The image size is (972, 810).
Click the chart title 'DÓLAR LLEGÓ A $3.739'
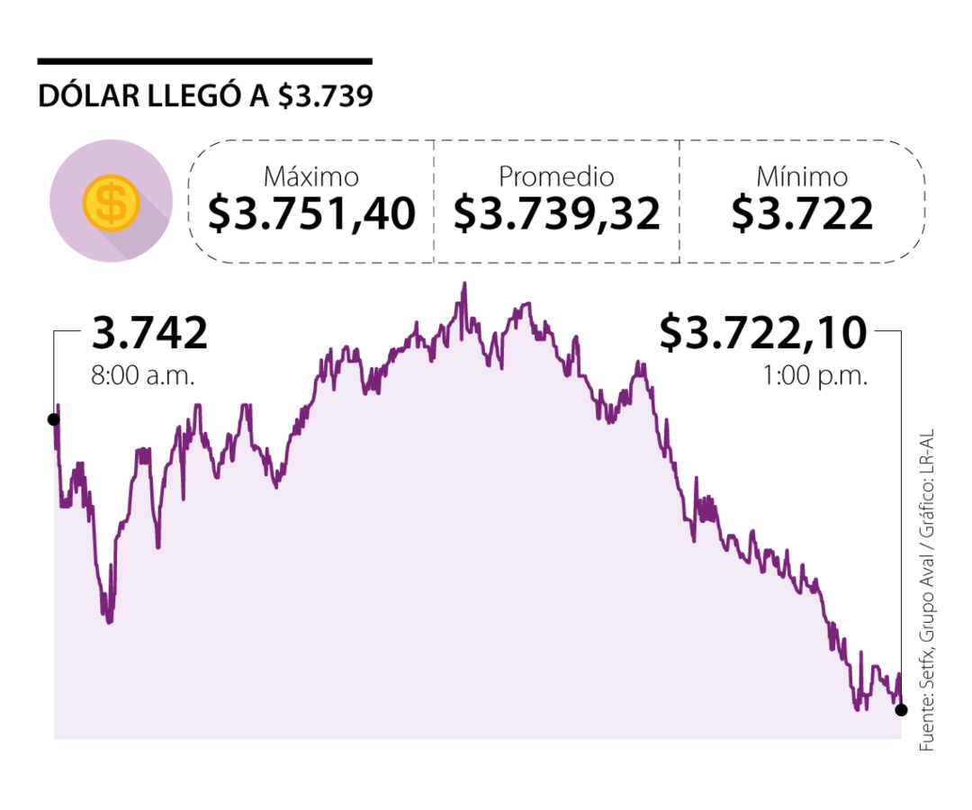[205, 96]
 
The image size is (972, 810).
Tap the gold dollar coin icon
[111, 202]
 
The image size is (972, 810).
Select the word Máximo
[310, 176]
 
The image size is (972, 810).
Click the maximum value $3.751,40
[311, 214]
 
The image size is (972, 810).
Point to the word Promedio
[556, 176]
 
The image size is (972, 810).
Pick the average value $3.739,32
[556, 214]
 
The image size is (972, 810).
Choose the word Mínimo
[802, 176]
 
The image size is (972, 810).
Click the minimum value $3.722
[802, 214]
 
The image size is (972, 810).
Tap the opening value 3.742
[149, 334]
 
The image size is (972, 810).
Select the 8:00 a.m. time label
[142, 374]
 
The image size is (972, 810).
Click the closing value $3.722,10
[763, 333]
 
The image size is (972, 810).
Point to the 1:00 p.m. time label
[815, 374]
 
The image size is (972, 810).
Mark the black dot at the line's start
[54, 419]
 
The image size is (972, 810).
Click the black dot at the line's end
[901, 709]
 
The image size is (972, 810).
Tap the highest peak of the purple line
[464, 284]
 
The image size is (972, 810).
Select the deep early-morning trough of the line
[109, 619]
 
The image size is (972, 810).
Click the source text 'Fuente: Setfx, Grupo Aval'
[926, 630]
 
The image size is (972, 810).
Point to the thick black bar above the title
[204, 61]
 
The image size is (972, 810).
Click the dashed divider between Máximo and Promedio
[434, 201]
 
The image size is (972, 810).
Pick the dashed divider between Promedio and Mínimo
[679, 201]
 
